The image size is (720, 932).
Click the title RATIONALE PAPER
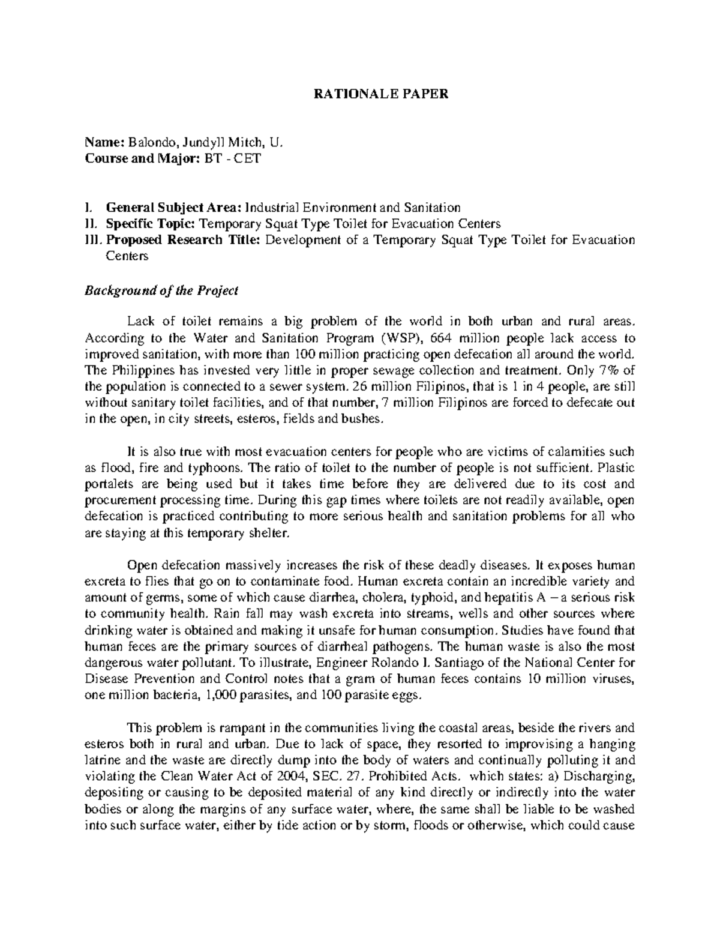pos(382,94)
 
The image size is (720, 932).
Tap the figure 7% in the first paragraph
pos(610,370)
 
